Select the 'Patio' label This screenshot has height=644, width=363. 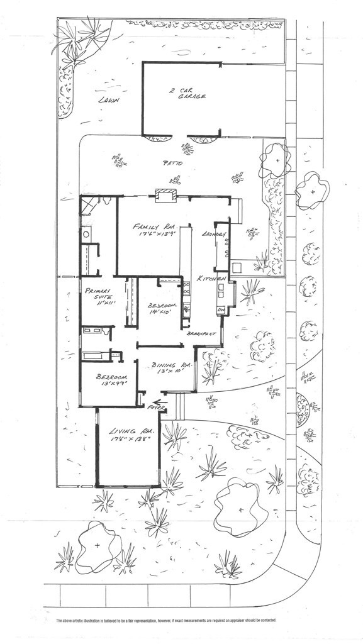point(172,164)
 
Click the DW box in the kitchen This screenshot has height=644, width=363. point(221,310)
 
